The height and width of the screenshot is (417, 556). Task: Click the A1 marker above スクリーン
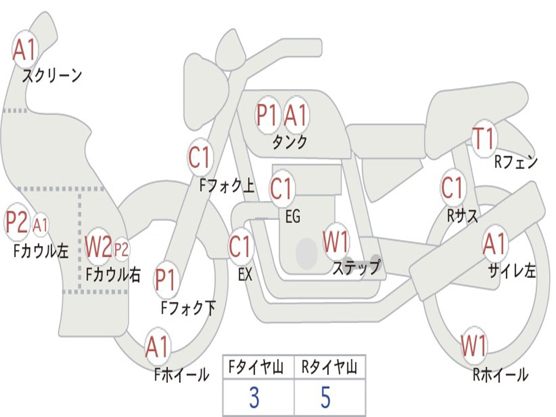(x=24, y=49)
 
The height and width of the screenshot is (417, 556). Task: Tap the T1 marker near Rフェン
(x=484, y=138)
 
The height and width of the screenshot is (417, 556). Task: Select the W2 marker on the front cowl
(x=99, y=246)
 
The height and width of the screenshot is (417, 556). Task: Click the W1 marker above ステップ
(x=336, y=241)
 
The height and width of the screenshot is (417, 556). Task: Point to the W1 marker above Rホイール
(x=473, y=345)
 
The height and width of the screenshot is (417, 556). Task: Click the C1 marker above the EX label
(x=241, y=246)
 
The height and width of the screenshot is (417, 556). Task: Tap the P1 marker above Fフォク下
(x=165, y=280)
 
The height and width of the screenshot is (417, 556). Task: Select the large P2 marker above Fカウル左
(x=17, y=222)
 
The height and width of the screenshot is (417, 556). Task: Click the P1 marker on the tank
(x=267, y=115)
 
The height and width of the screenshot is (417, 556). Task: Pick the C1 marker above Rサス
(x=452, y=187)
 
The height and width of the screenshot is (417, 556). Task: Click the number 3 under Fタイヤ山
(x=255, y=397)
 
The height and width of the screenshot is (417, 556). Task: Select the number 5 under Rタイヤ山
(x=326, y=397)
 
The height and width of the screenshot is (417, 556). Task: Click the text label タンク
(x=289, y=142)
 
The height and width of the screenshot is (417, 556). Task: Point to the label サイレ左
(x=512, y=271)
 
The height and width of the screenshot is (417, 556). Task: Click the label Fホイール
(x=181, y=375)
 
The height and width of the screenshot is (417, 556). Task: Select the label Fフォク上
(x=227, y=186)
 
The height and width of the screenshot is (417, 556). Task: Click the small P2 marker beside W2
(x=121, y=249)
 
